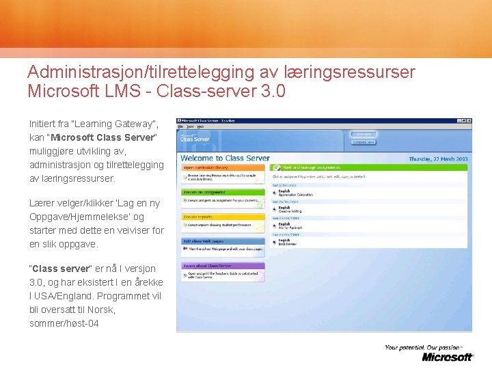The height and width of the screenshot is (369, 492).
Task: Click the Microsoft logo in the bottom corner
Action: (x=447, y=357)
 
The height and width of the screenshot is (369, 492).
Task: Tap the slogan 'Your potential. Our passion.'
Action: (x=423, y=347)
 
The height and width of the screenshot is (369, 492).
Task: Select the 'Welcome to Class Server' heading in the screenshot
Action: (x=225, y=158)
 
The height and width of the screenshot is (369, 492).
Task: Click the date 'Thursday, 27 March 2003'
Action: (x=438, y=159)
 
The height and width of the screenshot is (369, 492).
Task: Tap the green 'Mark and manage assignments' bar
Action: (x=307, y=167)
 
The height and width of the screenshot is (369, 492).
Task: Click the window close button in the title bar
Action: (x=469, y=121)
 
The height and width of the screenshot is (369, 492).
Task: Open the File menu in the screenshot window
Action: (x=181, y=127)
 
